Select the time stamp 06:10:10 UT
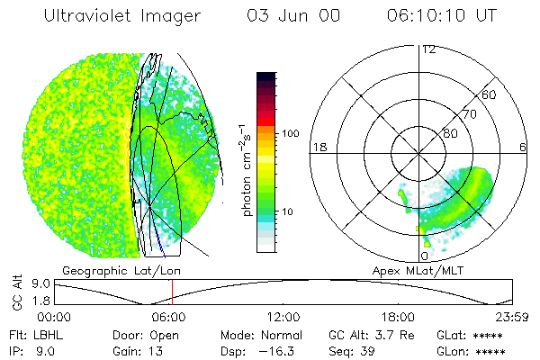pos(442,16)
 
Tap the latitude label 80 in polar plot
pos(451,133)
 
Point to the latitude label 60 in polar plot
pos(490,94)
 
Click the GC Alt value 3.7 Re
pos(388,334)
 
